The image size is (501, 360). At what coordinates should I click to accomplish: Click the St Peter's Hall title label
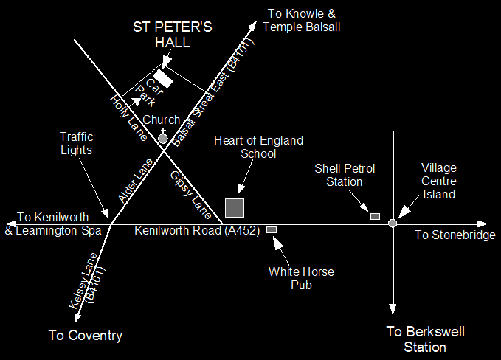(x=173, y=35)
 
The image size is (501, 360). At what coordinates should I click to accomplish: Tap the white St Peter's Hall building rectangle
(x=163, y=78)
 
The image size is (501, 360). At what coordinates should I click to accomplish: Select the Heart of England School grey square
(x=235, y=207)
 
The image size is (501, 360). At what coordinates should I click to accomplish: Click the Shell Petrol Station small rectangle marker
(x=375, y=216)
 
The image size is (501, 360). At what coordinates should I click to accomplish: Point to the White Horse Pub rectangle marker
(x=272, y=230)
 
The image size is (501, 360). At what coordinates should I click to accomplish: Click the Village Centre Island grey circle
(x=393, y=223)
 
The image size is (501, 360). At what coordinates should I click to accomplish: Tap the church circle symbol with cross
(x=163, y=137)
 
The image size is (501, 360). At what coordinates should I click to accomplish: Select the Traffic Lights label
(x=77, y=143)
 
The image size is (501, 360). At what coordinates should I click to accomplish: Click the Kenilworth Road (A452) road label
(x=197, y=231)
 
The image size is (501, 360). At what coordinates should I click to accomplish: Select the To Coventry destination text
(x=85, y=336)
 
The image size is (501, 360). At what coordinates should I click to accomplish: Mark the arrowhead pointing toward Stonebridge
(x=483, y=223)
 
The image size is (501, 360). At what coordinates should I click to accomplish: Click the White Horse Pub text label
(x=301, y=278)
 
